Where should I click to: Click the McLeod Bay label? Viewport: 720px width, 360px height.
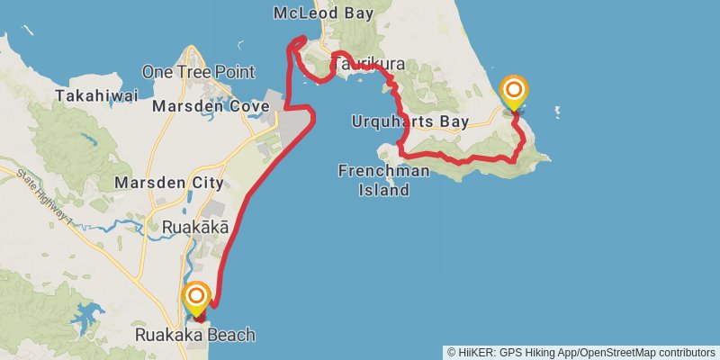[x=320, y=13]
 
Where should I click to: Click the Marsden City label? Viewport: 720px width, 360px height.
[x=169, y=183]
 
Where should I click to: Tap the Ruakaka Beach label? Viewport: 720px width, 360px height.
[x=194, y=335]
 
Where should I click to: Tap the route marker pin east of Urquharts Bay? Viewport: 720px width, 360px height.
[x=514, y=91]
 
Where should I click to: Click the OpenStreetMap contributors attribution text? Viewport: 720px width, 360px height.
[x=644, y=352]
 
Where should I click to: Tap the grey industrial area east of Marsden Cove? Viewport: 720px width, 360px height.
[x=293, y=126]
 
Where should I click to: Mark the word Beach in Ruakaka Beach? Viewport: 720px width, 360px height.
[x=229, y=335]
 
